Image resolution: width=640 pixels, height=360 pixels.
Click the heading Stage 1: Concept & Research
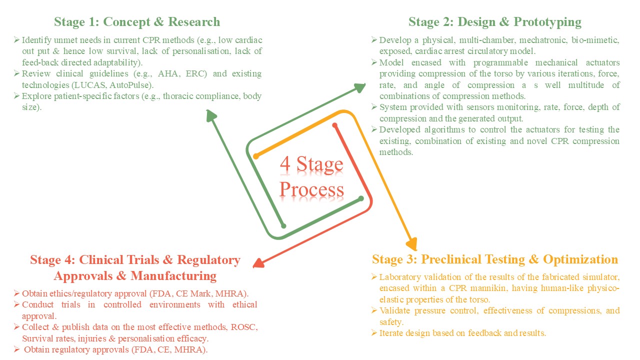(x=136, y=22)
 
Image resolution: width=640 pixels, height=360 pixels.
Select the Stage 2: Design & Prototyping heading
(x=495, y=22)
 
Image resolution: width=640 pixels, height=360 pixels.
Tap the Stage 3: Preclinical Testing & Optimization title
(x=495, y=259)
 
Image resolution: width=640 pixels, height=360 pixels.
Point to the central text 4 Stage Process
(x=311, y=177)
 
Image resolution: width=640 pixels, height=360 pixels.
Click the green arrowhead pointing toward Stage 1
(x=212, y=115)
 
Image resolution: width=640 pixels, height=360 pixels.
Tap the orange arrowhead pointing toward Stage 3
(x=411, y=243)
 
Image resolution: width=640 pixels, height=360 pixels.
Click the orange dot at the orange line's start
(x=256, y=156)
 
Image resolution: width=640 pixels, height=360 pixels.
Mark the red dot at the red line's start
(x=335, y=125)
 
